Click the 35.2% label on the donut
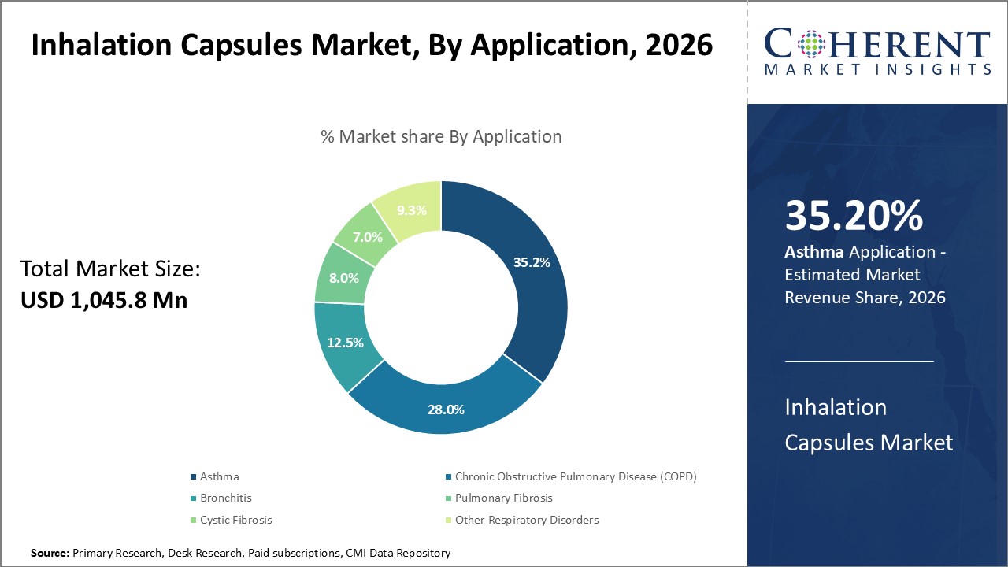532,262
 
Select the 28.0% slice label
445,409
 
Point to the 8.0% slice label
344,278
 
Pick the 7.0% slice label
368,236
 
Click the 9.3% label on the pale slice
411,210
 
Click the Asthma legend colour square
194,477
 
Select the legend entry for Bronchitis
225,498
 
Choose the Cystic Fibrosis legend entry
235,520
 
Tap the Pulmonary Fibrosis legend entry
503,498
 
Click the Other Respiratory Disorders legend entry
526,520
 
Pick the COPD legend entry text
576,476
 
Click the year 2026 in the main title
679,46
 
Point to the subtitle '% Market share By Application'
441,136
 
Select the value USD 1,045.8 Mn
104,300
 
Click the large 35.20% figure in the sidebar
854,216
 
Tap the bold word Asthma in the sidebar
814,252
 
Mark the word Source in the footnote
50,554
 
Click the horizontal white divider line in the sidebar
859,362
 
